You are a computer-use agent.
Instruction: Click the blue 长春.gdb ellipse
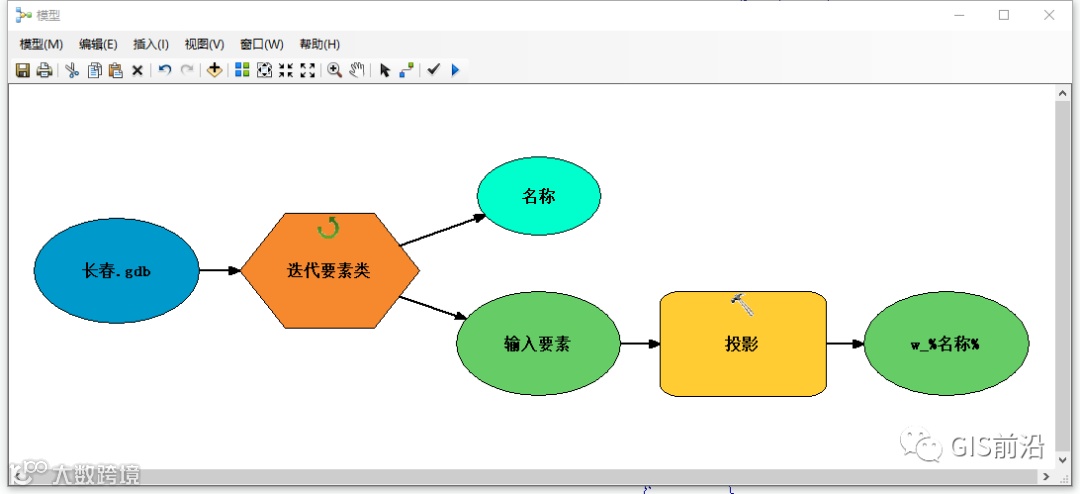[117, 270]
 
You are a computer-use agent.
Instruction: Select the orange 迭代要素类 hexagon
[329, 270]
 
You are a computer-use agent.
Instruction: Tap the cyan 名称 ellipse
[539, 196]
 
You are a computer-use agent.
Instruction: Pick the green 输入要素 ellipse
[538, 343]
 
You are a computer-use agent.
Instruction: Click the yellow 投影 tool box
[743, 343]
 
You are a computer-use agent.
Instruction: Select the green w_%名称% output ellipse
[945, 343]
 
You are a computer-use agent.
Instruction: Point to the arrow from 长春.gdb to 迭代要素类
[220, 270]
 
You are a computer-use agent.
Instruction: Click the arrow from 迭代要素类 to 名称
[442, 229]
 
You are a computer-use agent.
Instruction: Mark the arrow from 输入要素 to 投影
[640, 343]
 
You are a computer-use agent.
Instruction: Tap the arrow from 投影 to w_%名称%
[845, 343]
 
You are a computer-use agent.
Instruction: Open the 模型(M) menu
[41, 44]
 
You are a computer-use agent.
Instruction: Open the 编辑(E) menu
[98, 44]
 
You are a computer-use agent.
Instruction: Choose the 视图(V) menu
[204, 44]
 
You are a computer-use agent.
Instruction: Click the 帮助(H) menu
[319, 44]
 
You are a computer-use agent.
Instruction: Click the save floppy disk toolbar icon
[22, 70]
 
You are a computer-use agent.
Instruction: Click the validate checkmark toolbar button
[433, 70]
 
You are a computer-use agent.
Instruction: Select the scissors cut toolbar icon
[72, 70]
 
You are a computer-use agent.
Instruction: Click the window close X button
[1049, 15]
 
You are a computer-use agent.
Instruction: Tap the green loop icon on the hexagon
[328, 229]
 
